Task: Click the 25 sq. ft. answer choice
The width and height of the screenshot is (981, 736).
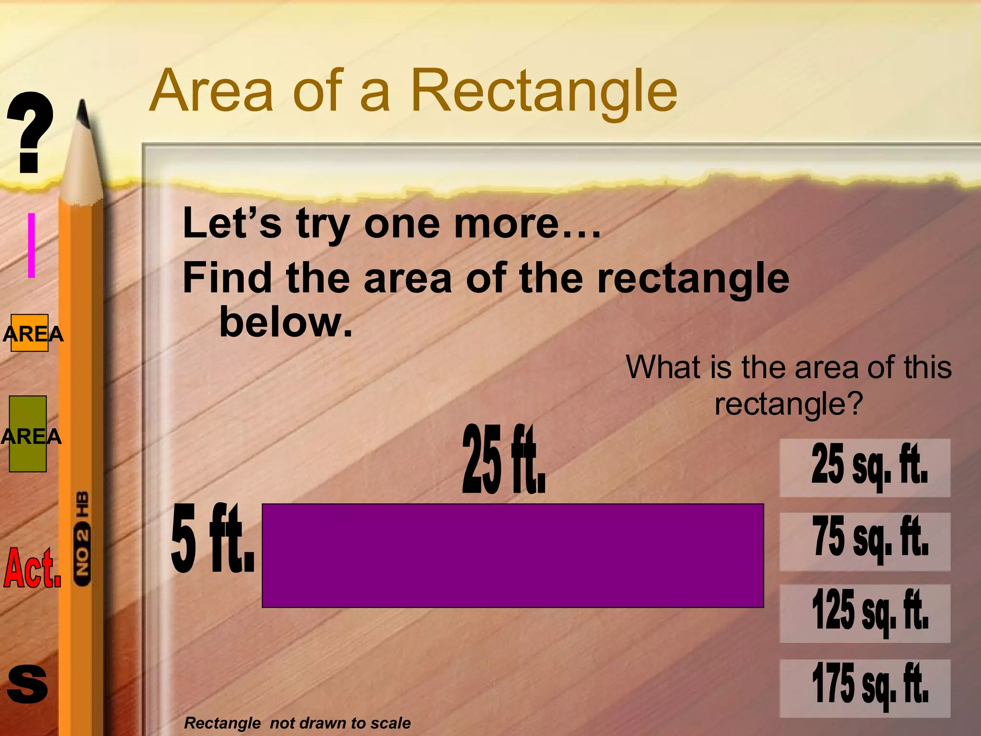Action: (865, 467)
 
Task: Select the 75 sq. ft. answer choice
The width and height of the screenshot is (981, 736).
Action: (865, 541)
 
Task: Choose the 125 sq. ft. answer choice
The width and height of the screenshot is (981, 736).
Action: (865, 613)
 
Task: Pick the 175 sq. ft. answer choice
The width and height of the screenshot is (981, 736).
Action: (865, 688)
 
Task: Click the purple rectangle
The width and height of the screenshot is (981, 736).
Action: (513, 555)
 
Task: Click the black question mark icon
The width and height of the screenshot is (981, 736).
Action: (30, 132)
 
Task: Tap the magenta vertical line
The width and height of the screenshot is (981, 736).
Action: (32, 245)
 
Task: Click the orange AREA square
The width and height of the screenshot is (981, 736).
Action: (30, 333)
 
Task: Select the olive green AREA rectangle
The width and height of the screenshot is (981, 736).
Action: (28, 434)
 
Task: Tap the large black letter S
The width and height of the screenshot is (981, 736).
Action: (28, 684)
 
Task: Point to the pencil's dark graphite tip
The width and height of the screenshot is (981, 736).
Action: (84, 115)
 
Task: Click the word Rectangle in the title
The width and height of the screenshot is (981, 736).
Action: (544, 91)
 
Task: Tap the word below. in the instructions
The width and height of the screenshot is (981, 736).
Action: (285, 322)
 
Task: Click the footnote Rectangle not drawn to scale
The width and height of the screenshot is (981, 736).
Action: (297, 723)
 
